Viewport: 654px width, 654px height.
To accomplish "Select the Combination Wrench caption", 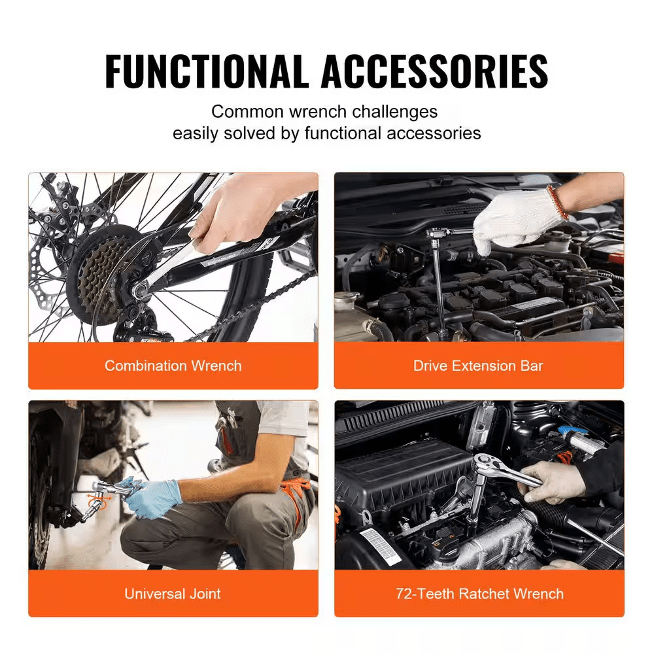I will tap(173, 366).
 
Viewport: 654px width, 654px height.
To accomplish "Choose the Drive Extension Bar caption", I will tap(478, 366).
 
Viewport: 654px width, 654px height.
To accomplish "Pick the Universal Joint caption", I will tap(173, 594).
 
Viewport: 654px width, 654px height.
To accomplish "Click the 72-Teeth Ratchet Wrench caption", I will tap(479, 594).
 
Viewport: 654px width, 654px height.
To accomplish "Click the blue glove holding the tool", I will tap(154, 497).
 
